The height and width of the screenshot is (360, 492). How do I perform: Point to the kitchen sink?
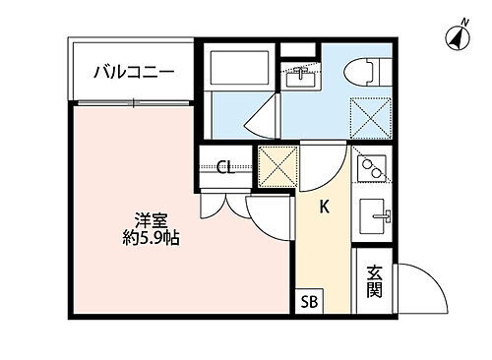374,215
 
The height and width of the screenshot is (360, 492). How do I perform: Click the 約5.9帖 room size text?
151,239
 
